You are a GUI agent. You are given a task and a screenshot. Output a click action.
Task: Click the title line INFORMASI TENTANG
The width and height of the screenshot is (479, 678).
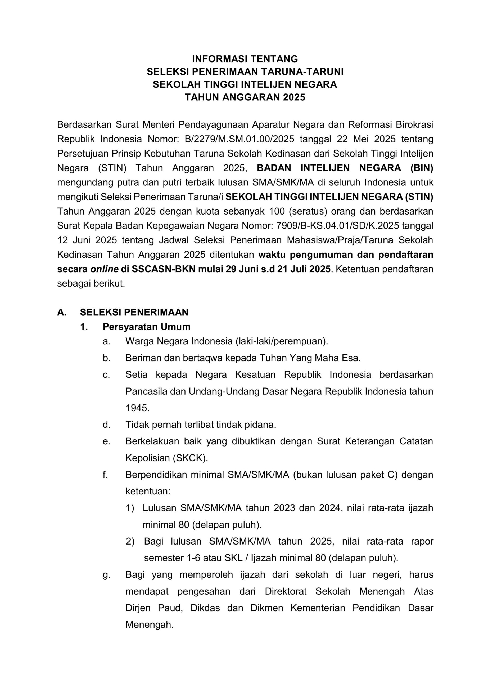(245, 59)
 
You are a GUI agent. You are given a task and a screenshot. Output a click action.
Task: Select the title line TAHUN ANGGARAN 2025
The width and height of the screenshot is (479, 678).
(245, 97)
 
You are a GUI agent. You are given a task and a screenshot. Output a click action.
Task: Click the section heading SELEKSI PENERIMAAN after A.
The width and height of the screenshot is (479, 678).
(134, 312)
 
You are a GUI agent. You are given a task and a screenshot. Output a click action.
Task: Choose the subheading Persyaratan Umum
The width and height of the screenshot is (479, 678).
(146, 327)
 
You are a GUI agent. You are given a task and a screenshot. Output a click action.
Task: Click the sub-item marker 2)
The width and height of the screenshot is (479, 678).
(130, 541)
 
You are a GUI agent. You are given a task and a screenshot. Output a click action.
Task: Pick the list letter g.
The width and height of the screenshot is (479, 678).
(107, 575)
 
